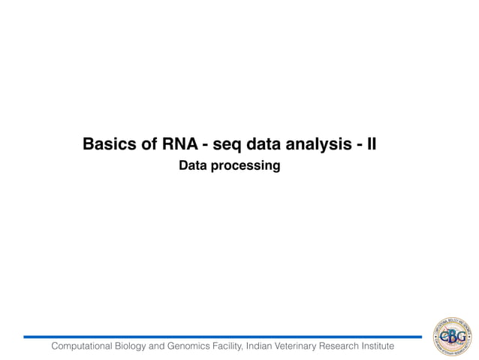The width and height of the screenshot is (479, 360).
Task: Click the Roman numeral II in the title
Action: tap(369, 144)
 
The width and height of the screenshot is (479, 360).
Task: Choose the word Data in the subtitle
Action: tap(193, 165)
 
